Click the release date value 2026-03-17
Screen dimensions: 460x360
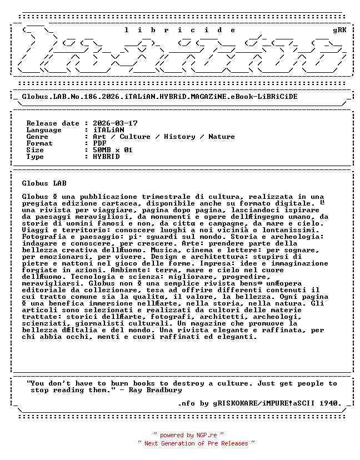coord(115,123)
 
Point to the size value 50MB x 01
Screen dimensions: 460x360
coord(113,150)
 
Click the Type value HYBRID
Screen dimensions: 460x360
coord(106,157)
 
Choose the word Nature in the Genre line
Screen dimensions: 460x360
coord(222,137)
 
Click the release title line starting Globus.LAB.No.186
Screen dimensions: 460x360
coord(159,97)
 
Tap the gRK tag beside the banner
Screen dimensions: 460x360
coord(339,30)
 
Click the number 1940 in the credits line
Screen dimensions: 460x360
coord(331,403)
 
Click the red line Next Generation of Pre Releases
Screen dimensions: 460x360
coord(197,443)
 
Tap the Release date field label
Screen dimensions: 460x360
coord(53,123)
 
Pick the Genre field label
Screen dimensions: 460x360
coord(37,137)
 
